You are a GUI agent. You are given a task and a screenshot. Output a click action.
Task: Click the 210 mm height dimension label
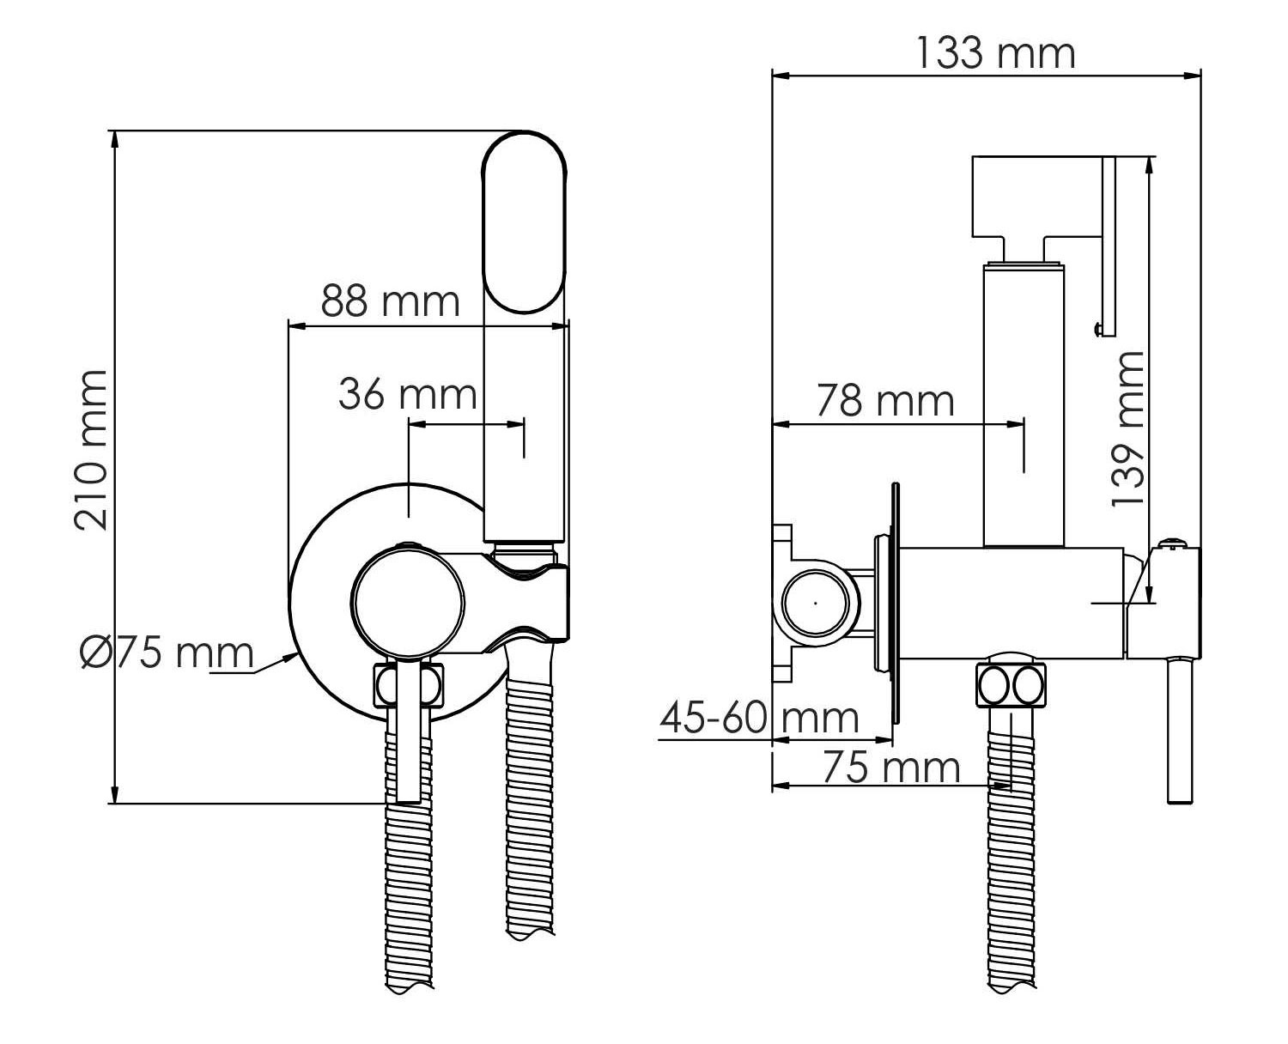(91, 451)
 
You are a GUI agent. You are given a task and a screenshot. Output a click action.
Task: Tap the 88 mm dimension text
(390, 300)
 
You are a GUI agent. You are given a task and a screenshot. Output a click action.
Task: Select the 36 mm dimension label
(408, 394)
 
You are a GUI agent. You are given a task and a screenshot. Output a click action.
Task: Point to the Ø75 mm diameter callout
(167, 652)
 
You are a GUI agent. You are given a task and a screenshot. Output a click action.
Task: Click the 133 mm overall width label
(995, 53)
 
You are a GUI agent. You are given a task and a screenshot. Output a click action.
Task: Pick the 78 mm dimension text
(885, 401)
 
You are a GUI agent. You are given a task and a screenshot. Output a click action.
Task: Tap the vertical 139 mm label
(1127, 428)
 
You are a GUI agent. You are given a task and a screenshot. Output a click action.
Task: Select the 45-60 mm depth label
(759, 718)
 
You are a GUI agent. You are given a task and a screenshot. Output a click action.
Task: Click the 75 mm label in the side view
(891, 768)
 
